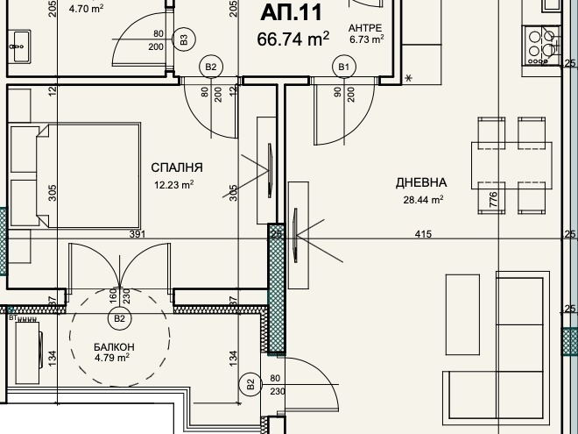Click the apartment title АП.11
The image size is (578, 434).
(x=291, y=12)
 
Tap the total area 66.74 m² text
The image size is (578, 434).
(x=293, y=39)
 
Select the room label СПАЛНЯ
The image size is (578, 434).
(x=177, y=167)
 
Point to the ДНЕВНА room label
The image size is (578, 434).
(x=421, y=182)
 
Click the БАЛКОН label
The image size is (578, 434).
(x=114, y=347)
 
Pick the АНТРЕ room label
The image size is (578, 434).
(x=365, y=28)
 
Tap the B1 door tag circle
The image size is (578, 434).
(x=344, y=67)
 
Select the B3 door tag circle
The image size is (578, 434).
(x=184, y=39)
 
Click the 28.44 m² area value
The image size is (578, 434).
(x=423, y=200)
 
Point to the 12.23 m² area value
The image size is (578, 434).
(x=174, y=184)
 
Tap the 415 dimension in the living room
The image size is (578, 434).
(x=423, y=234)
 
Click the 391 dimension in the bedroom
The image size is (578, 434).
(x=137, y=234)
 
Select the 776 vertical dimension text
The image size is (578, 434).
(x=493, y=199)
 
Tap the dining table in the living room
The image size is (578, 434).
(x=511, y=166)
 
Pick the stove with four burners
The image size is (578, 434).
(x=541, y=46)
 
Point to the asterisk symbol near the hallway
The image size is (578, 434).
(x=408, y=78)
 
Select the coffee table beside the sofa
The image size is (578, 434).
(x=462, y=315)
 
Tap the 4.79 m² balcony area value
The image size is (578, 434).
(x=112, y=358)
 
